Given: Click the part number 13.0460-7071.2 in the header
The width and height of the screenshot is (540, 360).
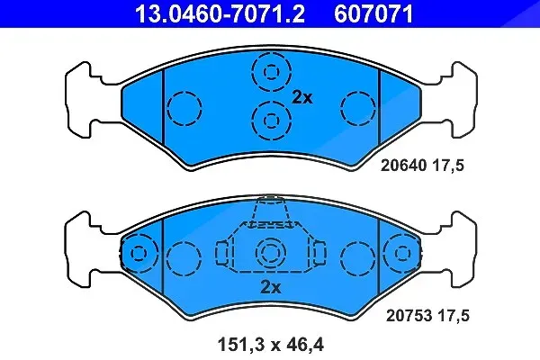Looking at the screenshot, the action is pyautogui.click(x=220, y=14).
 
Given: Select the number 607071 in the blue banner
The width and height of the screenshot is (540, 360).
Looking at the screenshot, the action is pyautogui.click(x=373, y=14).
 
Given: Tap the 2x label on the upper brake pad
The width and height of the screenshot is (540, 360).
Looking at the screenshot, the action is pyautogui.click(x=302, y=98).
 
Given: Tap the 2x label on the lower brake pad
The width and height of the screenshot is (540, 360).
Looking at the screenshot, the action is pyautogui.click(x=271, y=287).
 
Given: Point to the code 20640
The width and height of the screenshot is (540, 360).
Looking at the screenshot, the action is pyautogui.click(x=403, y=166).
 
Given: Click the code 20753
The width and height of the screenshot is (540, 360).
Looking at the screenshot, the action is pyautogui.click(x=409, y=316).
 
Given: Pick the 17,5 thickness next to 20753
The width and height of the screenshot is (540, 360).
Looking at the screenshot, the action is pyautogui.click(x=454, y=316).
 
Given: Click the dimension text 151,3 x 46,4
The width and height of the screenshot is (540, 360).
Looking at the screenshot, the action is pyautogui.click(x=270, y=345).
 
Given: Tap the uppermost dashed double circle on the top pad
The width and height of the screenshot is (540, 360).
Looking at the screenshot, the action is pyautogui.click(x=272, y=72).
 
